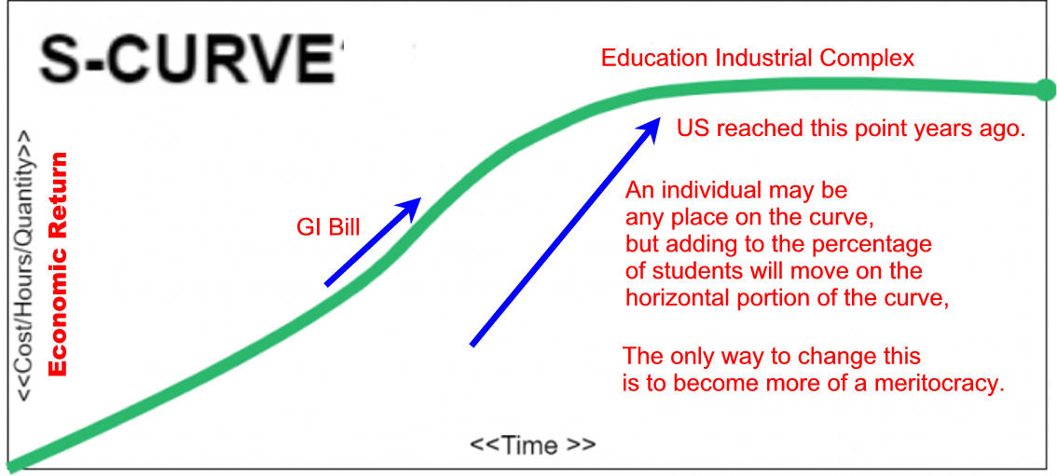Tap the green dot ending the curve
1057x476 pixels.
1044,89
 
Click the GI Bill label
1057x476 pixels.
328,227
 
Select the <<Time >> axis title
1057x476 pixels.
532,445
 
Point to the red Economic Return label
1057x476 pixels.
59,264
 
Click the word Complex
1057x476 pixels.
867,59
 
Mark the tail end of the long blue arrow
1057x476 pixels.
472,346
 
